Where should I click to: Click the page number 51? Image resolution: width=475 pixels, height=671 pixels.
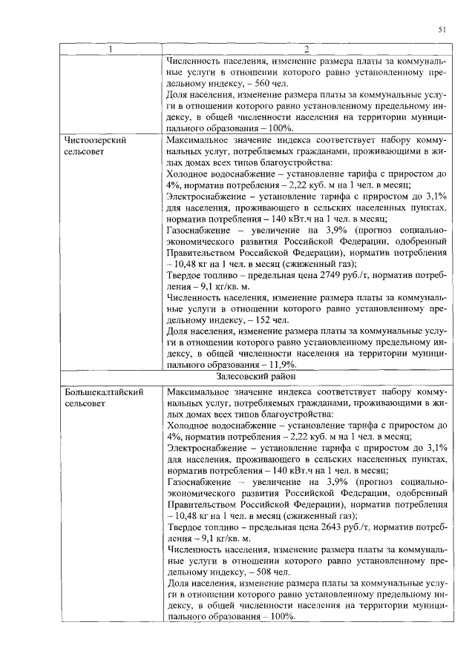coord(442,30)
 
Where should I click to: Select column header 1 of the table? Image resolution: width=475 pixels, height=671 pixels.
coord(111,50)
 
